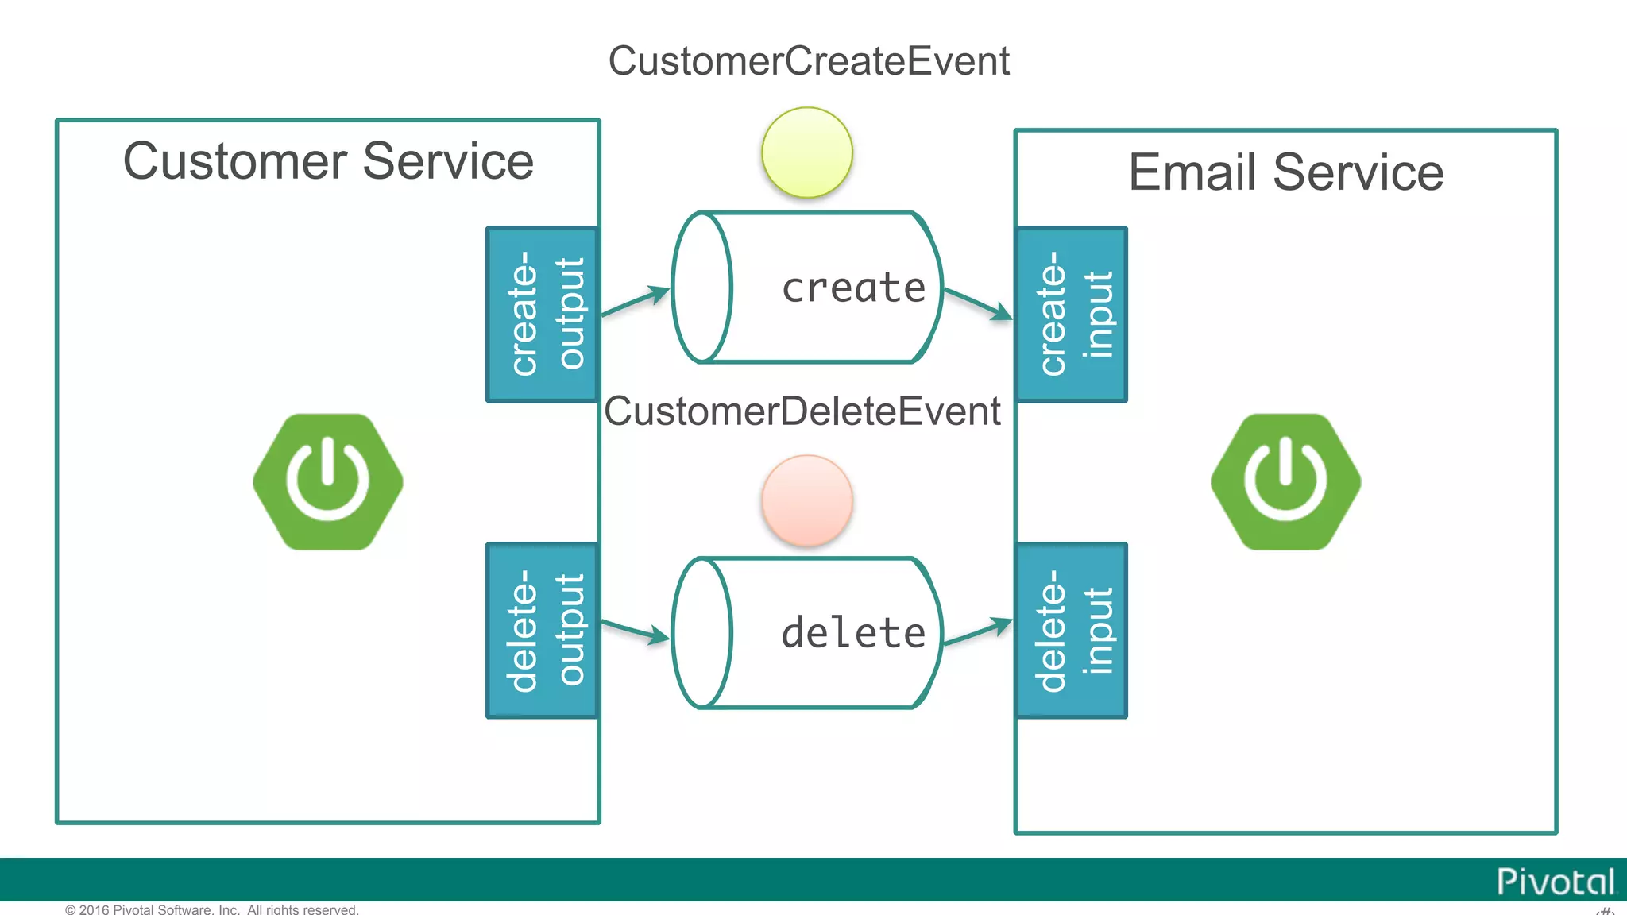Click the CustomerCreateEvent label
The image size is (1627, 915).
(x=808, y=61)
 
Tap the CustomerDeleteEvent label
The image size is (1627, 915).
(x=802, y=411)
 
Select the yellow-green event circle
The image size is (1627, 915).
(x=807, y=152)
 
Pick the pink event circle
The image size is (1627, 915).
(x=807, y=500)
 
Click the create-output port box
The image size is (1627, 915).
(x=543, y=315)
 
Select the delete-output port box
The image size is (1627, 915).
(x=543, y=631)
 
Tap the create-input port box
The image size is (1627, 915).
(x=1072, y=315)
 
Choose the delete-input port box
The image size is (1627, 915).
(x=1072, y=631)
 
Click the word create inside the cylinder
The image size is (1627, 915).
(x=853, y=288)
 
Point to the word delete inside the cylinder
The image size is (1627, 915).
(x=853, y=633)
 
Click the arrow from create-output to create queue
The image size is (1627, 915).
(x=636, y=302)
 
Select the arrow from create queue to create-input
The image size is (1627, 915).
(x=978, y=304)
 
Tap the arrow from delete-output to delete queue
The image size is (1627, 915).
(x=636, y=631)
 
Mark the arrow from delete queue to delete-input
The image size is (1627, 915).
(x=978, y=631)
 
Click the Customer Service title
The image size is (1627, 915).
(x=328, y=161)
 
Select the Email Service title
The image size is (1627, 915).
(x=1285, y=172)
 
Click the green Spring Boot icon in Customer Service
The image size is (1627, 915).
(x=328, y=481)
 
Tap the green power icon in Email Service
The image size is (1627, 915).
(x=1285, y=481)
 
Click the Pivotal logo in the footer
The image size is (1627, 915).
(x=1555, y=882)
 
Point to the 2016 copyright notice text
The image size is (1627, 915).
(x=211, y=909)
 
